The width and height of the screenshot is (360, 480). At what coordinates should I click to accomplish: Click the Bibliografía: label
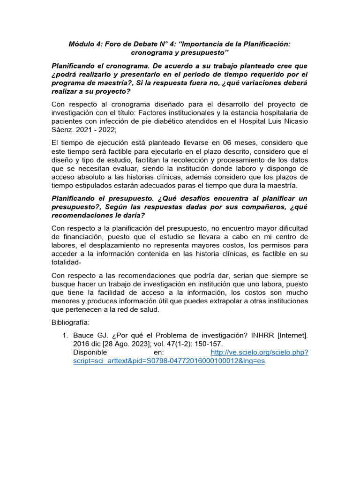(x=73, y=323)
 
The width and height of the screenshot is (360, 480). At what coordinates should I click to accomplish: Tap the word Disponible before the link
(x=90, y=352)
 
